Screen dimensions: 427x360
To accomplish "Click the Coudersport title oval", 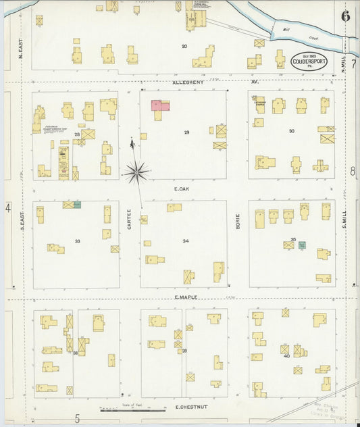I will pyautogui.click(x=309, y=61).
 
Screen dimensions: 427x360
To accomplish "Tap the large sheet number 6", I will pyautogui.click(x=345, y=16).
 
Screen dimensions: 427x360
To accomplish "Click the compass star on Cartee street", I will pyautogui.click(x=136, y=172).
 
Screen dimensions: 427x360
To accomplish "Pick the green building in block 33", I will pyautogui.click(x=77, y=204).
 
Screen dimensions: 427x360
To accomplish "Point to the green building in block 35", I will pyautogui.click(x=302, y=245).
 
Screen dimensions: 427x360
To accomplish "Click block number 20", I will pyautogui.click(x=184, y=46).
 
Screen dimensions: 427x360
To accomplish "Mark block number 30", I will pyautogui.click(x=292, y=131).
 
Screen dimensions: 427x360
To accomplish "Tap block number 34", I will pyautogui.click(x=185, y=241).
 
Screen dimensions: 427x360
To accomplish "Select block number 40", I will pyautogui.click(x=286, y=355).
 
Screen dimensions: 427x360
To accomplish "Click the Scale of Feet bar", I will pyautogui.click(x=132, y=409).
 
